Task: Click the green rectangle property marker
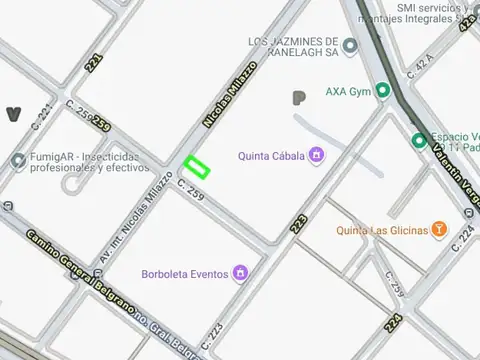pos(197,166)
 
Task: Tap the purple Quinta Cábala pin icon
pos(316,155)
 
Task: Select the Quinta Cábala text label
pos(271,155)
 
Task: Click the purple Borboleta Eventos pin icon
pos(240,272)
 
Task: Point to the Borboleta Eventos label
pos(185,272)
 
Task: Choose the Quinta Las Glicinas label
pos(381,229)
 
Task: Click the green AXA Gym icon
pos(382,91)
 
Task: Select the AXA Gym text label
pos(347,91)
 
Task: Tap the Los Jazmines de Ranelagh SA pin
pos(349,45)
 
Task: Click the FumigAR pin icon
pos(18,161)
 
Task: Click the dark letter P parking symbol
pos(298,98)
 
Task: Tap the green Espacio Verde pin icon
pos(419,140)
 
